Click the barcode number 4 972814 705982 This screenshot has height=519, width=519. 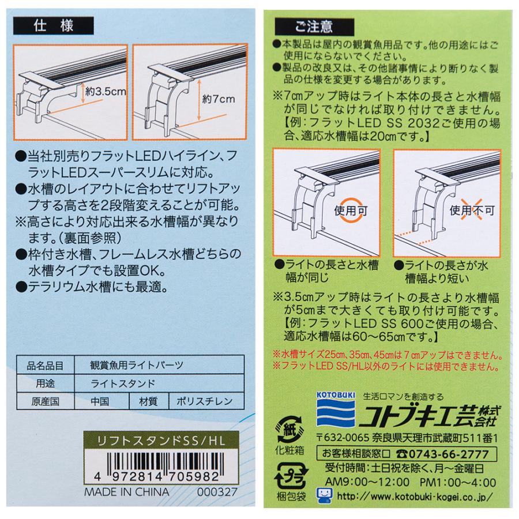click(152, 477)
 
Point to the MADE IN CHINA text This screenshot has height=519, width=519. click(126, 492)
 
